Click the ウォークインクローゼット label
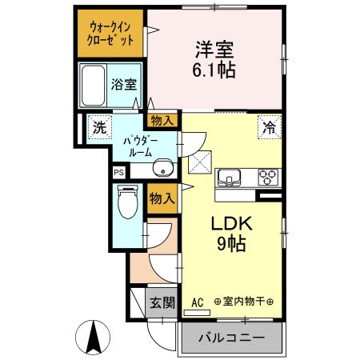click(x=110, y=34)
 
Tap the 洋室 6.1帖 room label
click(x=214, y=59)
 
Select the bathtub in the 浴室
click(x=93, y=86)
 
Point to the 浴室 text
click(x=124, y=85)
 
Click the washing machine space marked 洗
click(x=99, y=127)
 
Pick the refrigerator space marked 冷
click(x=270, y=127)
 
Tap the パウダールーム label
click(x=140, y=146)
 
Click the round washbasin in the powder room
click(x=163, y=168)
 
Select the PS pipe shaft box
click(x=119, y=172)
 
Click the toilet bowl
click(x=128, y=202)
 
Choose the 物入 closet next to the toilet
click(x=162, y=198)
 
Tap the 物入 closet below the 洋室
click(x=162, y=121)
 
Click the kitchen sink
click(x=230, y=178)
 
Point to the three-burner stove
click(x=268, y=178)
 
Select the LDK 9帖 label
click(x=231, y=234)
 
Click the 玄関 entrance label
click(x=162, y=302)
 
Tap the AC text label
click(x=198, y=302)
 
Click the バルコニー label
click(x=232, y=338)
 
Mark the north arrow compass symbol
click(x=93, y=338)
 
